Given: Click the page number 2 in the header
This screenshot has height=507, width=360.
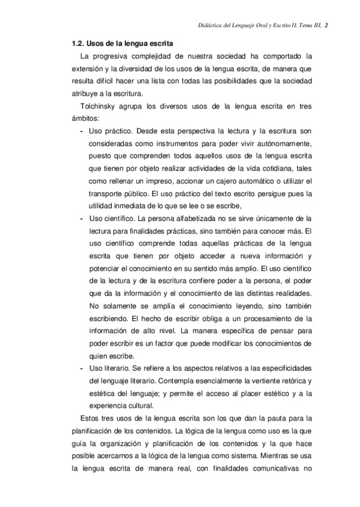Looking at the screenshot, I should [x=335, y=25].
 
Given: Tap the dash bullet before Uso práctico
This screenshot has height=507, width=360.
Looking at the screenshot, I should [x=81, y=132].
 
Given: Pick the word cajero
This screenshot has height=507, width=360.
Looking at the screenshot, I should [x=228, y=181].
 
